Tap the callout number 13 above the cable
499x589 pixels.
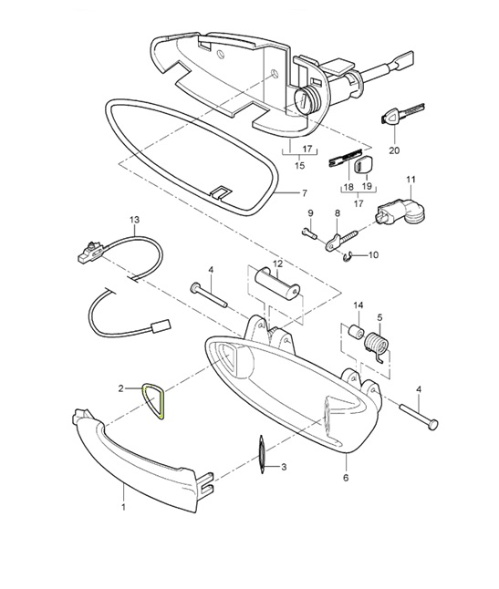point(135,220)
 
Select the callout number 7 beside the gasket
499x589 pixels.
point(306,194)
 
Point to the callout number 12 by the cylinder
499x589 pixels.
point(278,263)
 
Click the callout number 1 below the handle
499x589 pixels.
point(125,501)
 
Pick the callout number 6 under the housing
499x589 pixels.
point(346,477)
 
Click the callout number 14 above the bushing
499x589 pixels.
point(359,305)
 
